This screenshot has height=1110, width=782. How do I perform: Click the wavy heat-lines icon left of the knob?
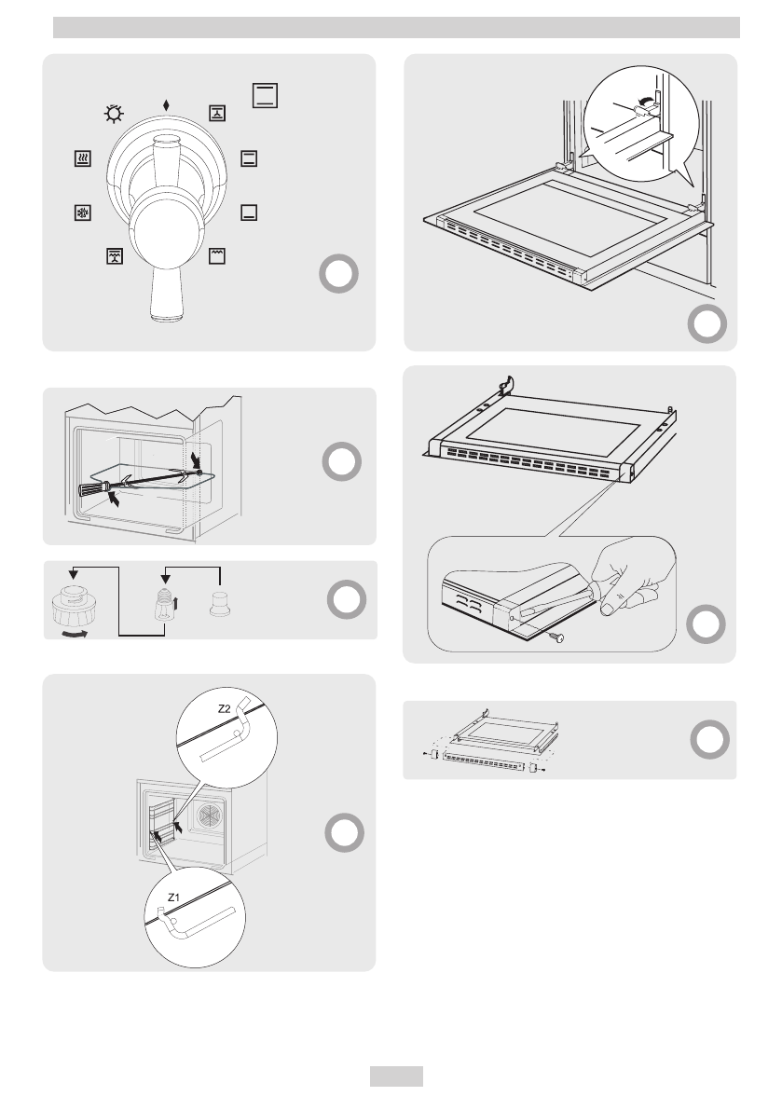pyautogui.click(x=83, y=158)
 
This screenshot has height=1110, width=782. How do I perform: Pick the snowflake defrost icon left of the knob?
pyautogui.click(x=83, y=212)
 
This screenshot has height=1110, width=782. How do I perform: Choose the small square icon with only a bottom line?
pyautogui.click(x=248, y=212)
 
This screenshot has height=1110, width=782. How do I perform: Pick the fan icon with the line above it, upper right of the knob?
pyautogui.click(x=215, y=114)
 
